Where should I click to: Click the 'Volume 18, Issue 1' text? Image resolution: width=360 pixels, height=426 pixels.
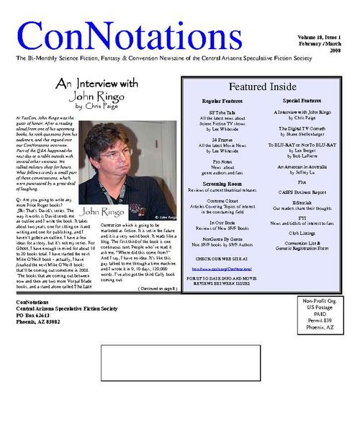(x=319, y=36)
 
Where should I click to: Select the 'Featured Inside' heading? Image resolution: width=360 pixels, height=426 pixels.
(x=262, y=87)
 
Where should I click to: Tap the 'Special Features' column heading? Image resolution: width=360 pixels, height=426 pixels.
(x=302, y=101)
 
